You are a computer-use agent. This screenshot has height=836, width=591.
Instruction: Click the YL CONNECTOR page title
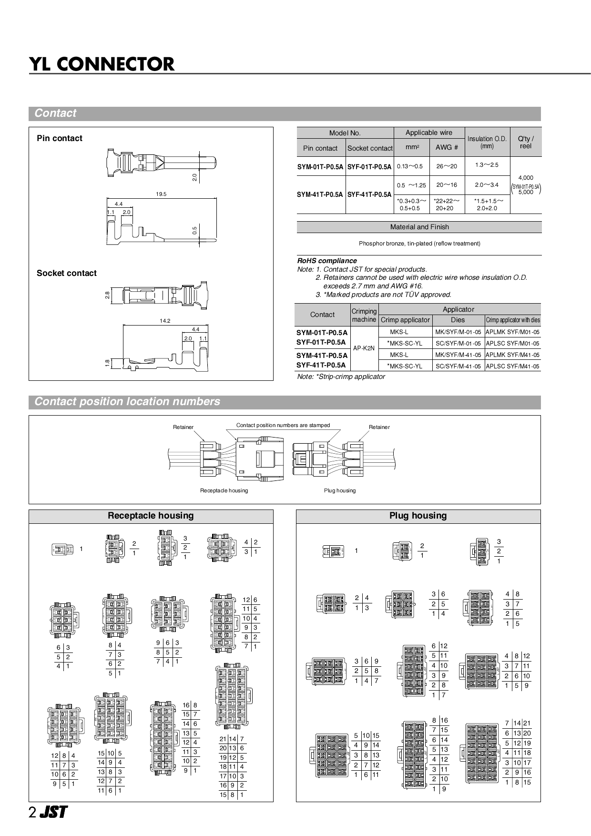click(x=102, y=64)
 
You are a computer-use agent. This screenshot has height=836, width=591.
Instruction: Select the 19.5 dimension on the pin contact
click(x=161, y=194)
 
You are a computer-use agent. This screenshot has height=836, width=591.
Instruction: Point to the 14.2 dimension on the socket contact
click(x=165, y=321)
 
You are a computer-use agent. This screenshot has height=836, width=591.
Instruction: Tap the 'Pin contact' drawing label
click(x=60, y=138)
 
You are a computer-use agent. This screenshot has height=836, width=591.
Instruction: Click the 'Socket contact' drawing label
click(x=67, y=273)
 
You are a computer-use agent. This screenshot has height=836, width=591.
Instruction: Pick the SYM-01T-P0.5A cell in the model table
click(x=320, y=167)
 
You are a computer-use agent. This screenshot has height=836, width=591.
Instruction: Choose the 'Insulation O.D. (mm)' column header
click(x=487, y=142)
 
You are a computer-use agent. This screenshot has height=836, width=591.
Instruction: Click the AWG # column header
click(x=447, y=147)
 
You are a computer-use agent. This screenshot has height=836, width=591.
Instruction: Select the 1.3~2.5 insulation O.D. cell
click(x=487, y=165)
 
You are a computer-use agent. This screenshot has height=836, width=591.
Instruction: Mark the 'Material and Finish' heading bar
click(x=419, y=227)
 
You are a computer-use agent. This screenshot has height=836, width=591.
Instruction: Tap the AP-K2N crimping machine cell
click(x=364, y=348)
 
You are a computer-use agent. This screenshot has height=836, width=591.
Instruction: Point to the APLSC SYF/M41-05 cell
click(x=512, y=367)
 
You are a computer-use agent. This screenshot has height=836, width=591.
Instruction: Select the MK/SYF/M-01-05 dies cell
click(x=458, y=332)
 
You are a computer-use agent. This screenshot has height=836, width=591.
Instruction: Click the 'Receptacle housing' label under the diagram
click(x=224, y=490)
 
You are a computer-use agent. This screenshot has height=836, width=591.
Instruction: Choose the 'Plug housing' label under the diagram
click(x=339, y=490)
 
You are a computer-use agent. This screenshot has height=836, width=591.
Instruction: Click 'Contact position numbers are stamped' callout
click(x=283, y=425)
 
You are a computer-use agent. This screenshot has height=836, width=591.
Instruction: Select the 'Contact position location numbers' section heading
click(x=127, y=401)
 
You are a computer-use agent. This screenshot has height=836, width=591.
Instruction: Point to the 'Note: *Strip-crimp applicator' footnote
click(x=341, y=377)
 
